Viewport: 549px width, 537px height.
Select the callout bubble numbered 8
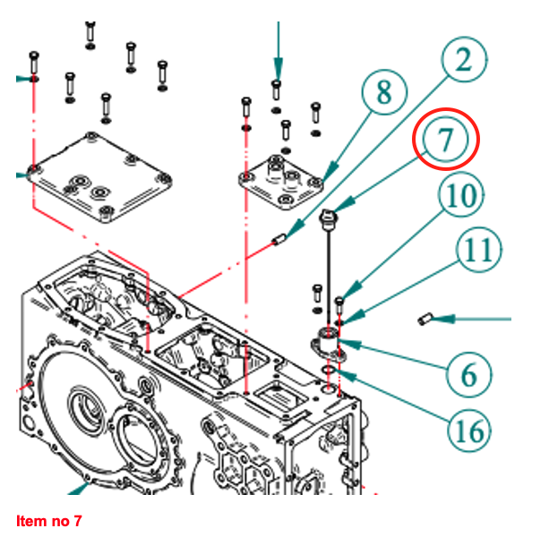pos(383,91)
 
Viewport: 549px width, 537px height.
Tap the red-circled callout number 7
pos(446,139)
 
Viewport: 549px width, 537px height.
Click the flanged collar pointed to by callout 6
pos(329,341)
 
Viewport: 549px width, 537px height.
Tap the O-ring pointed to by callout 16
pos(329,369)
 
